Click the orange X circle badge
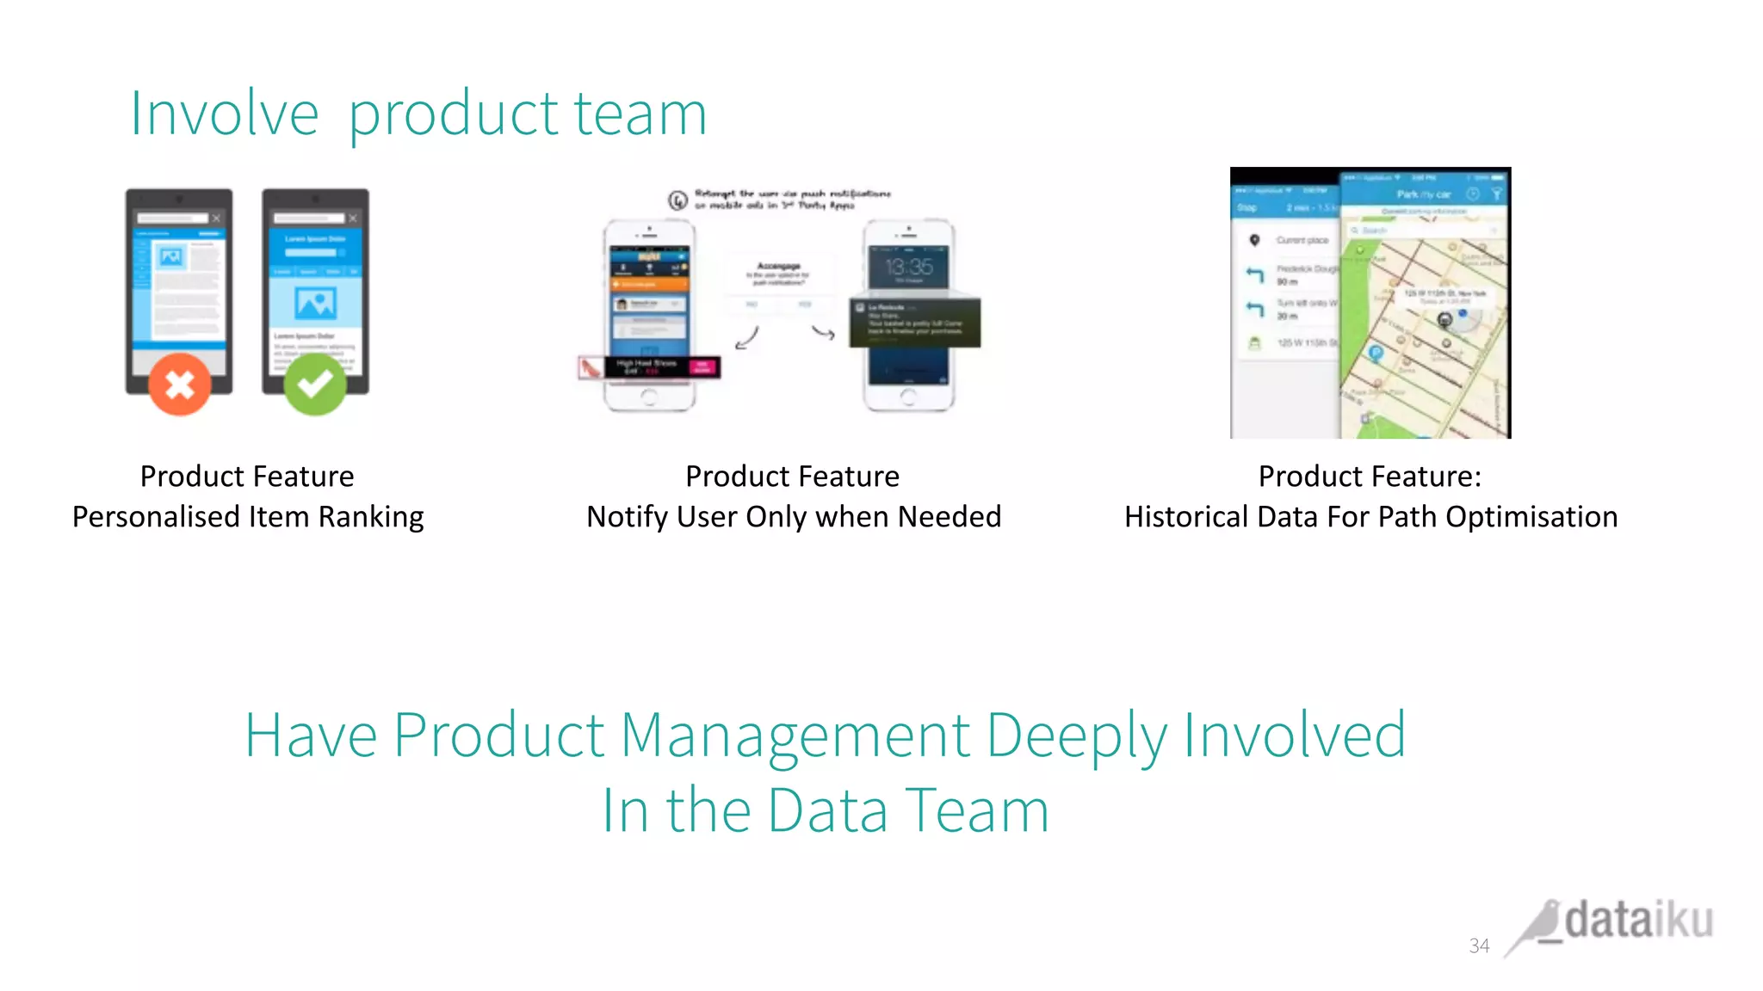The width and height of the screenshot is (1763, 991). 179,384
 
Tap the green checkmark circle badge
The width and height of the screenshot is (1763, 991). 315,384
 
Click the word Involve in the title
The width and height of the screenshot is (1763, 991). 225,114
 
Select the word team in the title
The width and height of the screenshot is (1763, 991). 640,114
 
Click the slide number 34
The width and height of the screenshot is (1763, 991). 1479,945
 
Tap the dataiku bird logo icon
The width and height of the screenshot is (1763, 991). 1536,927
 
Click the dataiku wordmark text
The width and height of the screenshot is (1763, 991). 1638,920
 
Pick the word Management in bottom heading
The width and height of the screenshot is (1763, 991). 795,736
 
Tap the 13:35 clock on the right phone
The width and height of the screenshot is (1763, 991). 908,267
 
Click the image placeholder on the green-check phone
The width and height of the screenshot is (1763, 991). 315,303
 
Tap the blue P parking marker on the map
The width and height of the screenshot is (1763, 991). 1376,353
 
